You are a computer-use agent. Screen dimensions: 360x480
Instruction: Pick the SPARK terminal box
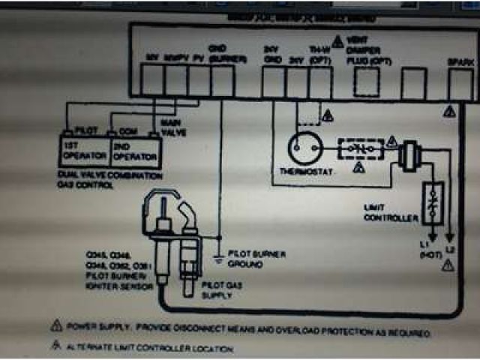[x=459, y=83]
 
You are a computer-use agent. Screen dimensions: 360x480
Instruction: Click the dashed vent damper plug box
[x=366, y=82]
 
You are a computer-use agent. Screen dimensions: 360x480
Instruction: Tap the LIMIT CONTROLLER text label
[x=391, y=213]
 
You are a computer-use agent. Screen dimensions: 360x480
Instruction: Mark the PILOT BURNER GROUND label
[x=257, y=259]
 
